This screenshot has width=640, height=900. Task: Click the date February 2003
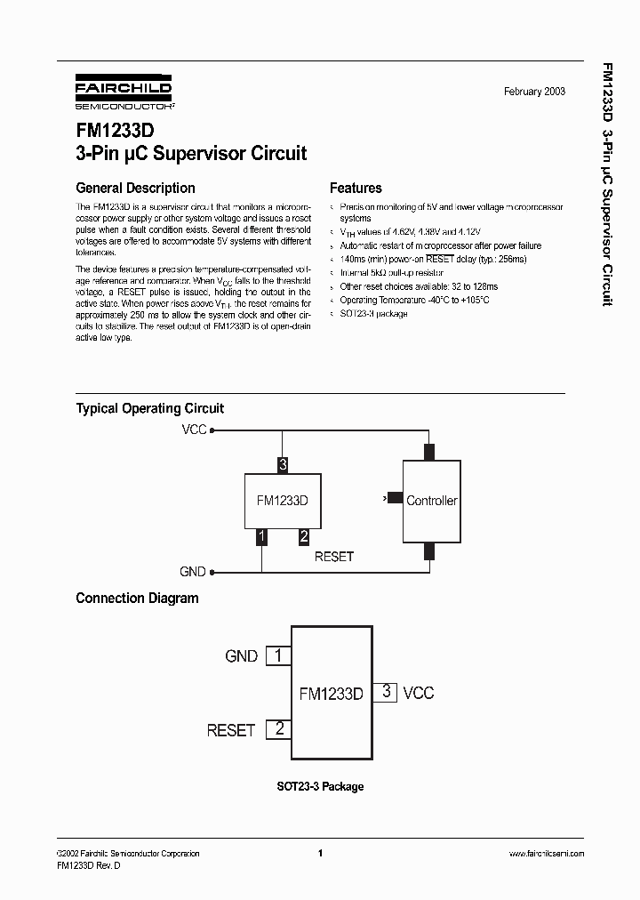(x=534, y=92)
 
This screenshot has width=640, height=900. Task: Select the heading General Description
(x=135, y=188)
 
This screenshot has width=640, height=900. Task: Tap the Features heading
(x=356, y=188)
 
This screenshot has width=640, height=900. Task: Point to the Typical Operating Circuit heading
(x=149, y=408)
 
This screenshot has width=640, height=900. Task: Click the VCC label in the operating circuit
(x=194, y=430)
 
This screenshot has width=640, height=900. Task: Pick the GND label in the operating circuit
(x=193, y=572)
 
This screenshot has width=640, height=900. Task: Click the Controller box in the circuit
(x=431, y=501)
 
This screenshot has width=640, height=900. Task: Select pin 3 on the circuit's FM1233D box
(x=283, y=464)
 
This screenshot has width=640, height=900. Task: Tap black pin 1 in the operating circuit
(x=261, y=535)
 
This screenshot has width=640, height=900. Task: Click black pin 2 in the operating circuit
(x=303, y=535)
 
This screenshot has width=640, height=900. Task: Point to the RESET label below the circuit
(x=334, y=556)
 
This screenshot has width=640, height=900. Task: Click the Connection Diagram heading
(x=137, y=599)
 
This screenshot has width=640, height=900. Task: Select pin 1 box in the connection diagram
(x=279, y=655)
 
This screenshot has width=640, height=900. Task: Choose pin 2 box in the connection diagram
(x=279, y=729)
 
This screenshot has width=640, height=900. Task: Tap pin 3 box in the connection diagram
(x=384, y=692)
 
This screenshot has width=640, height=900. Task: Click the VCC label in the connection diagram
(x=419, y=693)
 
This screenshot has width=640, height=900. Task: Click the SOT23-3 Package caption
(x=319, y=786)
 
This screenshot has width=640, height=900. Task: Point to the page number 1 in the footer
(x=319, y=854)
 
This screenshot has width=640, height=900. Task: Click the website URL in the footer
(x=546, y=854)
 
